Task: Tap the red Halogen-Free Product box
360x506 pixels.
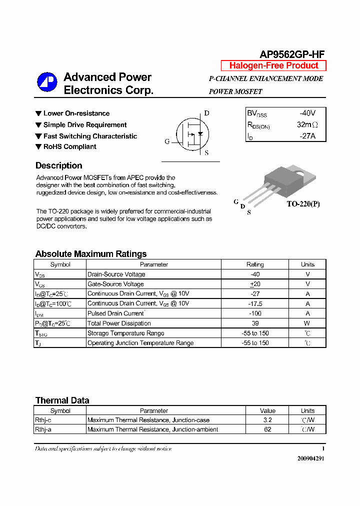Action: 273,65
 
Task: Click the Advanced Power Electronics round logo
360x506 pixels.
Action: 47,82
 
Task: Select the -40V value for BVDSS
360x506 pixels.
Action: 307,113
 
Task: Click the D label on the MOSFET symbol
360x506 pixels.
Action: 206,113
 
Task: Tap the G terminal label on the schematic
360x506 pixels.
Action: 167,141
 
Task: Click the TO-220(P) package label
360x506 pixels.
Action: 302,204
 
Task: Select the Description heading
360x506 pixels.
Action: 59,166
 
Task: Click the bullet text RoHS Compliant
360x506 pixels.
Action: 69,146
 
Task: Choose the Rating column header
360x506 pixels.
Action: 255,264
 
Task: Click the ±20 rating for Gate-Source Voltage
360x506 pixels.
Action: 255,284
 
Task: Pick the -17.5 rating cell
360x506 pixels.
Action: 255,303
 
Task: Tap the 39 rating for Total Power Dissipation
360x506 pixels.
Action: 255,323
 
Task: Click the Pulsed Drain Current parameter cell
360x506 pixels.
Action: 116,313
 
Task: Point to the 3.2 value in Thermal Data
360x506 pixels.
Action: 267,420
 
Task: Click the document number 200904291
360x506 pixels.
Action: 310,458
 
